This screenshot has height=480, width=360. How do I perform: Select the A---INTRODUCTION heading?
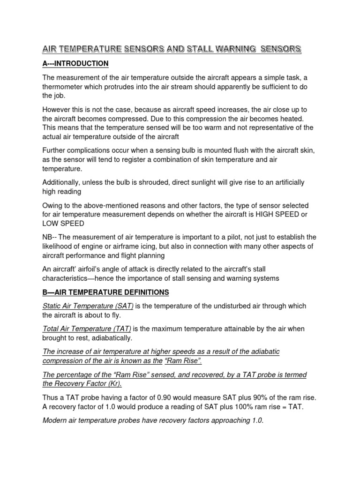(x=75, y=63)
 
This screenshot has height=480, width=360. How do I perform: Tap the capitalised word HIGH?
(x=269, y=214)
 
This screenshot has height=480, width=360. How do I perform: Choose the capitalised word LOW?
(x=51, y=224)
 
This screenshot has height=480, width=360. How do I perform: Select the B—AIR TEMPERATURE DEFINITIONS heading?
(x=105, y=292)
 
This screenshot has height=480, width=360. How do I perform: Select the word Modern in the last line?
(x=56, y=420)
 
